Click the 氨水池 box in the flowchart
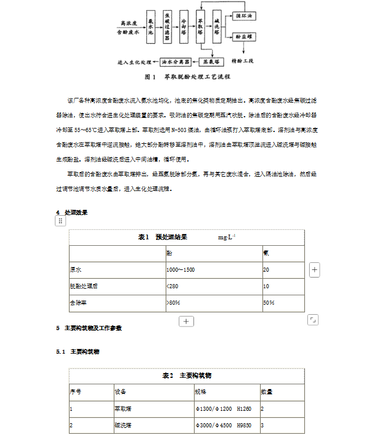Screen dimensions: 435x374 pyautogui.click(x=150, y=27)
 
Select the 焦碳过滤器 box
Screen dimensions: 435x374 pyautogui.click(x=168, y=27)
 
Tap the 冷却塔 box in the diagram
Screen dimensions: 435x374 pyautogui.click(x=185, y=27)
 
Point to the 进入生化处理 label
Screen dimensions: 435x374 pyautogui.click(x=136, y=61)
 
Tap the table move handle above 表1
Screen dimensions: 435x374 pyautogui.click(x=60, y=221)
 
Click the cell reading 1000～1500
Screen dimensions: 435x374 pyautogui.click(x=181, y=269)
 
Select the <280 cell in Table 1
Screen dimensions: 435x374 pyautogui.click(x=172, y=286)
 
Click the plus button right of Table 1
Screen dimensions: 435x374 pyautogui.click(x=315, y=270)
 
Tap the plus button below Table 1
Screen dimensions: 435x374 pyautogui.click(x=186, y=321)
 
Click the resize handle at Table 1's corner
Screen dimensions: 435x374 pyautogui.click(x=313, y=320)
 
